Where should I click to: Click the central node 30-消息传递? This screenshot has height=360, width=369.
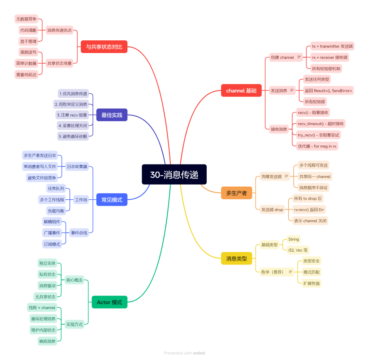coord(174,174)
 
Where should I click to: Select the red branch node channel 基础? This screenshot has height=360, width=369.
coord(241,91)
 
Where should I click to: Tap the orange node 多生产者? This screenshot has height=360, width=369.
coord(236,193)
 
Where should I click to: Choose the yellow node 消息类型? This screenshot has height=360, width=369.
coord(236,258)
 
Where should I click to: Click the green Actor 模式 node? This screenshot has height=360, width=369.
coord(109,302)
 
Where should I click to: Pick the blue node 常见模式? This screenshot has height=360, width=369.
coord(112,200)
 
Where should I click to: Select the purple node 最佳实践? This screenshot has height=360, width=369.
coord(112,115)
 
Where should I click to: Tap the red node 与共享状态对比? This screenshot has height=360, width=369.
coord(104,47)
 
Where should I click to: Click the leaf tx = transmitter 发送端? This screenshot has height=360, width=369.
coord(332,46)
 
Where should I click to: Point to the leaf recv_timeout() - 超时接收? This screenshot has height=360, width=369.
coord(321,124)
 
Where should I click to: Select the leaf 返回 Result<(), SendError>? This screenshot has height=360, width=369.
coord(328,91)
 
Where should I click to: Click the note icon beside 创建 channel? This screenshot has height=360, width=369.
coord(299,57)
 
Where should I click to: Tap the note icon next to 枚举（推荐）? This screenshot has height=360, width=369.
coord(290,272)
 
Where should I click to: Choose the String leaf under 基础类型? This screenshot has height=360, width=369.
coord(294,239)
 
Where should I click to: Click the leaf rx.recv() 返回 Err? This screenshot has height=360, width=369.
coord(309,210)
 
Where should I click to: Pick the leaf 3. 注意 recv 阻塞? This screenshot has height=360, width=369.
coord(72,115)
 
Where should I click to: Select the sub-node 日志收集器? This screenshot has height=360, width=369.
coord(77,166)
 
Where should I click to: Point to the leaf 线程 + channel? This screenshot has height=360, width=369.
coord(42,307)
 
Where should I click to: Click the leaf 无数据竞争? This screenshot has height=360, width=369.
coord(26,19)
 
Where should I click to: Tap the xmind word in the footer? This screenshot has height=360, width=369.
coord(199,353)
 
